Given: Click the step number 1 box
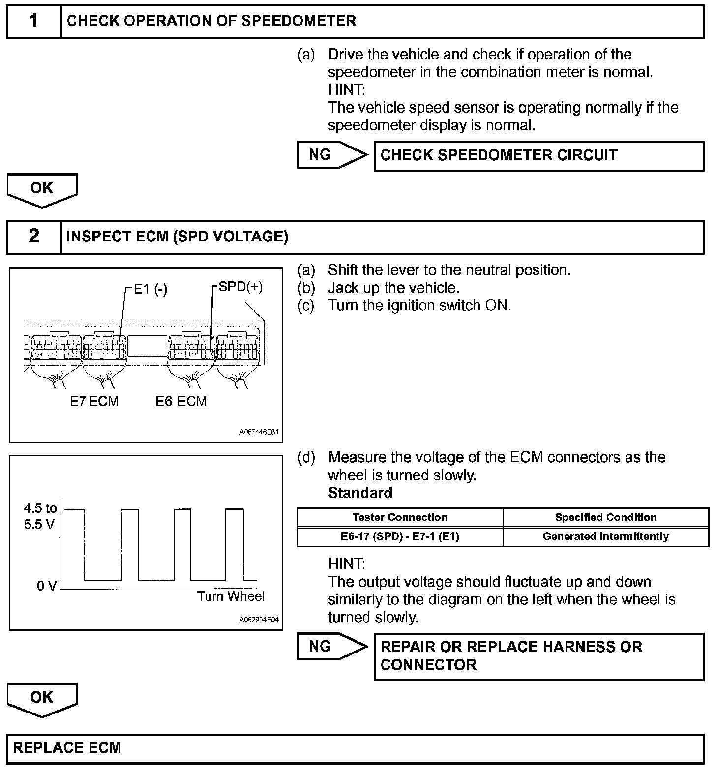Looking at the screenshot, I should pos(33,21).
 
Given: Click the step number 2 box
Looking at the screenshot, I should pos(33,237).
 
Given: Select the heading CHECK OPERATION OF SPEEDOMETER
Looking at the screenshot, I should pos(211,21).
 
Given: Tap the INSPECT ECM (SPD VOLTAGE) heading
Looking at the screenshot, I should pos(177,237).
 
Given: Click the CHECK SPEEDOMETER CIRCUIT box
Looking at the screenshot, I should pos(538,156).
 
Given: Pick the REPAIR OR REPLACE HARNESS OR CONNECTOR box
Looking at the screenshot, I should pos(538,656).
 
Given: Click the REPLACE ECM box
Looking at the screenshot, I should pos(355,748).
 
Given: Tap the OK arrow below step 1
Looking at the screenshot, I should pos(42,190).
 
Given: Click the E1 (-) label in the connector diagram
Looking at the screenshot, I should pos(150,290).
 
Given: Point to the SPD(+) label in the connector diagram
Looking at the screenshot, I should pos(240,287).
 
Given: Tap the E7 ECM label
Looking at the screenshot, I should pos(94,401).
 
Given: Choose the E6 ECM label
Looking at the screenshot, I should pos(181,401).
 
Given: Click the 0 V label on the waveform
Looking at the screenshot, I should pos(47,586).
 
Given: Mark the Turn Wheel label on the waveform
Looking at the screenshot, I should pos(231,596).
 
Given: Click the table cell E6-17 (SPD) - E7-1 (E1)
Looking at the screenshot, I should pos(400,536).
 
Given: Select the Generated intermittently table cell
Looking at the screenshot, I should pos(605,536).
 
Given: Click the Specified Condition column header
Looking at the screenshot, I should pos(605,517).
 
